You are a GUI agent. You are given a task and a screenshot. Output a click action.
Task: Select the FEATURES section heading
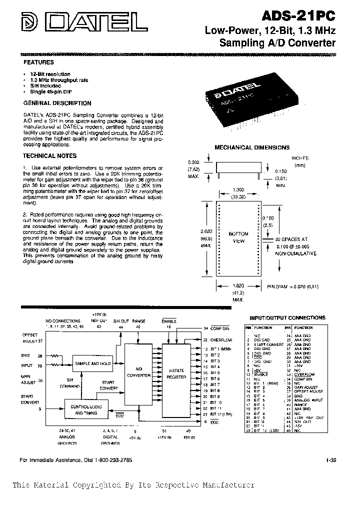tap(39, 62)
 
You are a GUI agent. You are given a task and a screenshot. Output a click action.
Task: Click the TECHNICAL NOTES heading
tap(46, 156)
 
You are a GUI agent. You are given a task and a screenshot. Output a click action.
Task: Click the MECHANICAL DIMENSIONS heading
tap(252, 147)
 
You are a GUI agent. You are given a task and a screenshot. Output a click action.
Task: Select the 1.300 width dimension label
tap(238, 190)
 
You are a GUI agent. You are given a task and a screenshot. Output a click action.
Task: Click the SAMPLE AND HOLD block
tap(92, 363)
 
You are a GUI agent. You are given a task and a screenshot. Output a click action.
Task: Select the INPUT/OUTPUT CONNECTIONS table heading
tap(287, 317)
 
